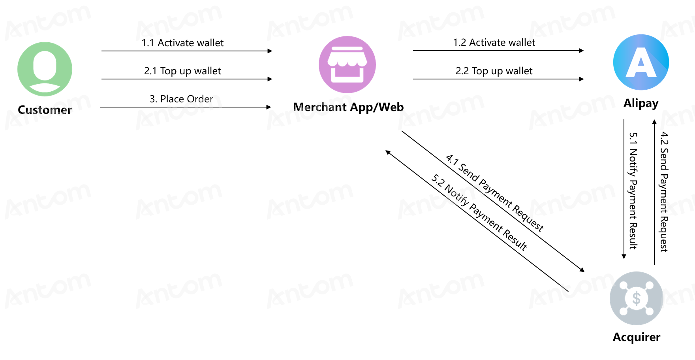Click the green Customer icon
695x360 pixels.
[45, 69]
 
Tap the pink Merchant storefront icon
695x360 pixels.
[347, 64]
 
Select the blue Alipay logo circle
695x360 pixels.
[641, 62]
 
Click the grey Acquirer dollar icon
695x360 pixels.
[636, 298]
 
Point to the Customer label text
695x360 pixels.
[45, 110]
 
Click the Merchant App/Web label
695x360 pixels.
[348, 107]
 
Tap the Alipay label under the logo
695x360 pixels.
[641, 104]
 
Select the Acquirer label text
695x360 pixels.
[636, 337]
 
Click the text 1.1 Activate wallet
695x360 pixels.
[182, 43]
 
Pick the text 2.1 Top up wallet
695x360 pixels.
[182, 71]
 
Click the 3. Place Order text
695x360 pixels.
[181, 99]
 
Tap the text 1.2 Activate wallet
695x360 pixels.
[494, 42]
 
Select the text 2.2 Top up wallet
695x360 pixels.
[494, 71]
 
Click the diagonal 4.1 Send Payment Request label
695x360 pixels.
[495, 192]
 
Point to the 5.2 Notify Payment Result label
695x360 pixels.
[479, 213]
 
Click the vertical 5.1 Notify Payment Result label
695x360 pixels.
[633, 191]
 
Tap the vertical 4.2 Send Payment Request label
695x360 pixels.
[664, 192]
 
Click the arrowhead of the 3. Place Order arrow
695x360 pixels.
[269, 107]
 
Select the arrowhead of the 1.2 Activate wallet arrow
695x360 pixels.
[581, 51]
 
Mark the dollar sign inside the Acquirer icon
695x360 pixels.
[636, 298]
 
